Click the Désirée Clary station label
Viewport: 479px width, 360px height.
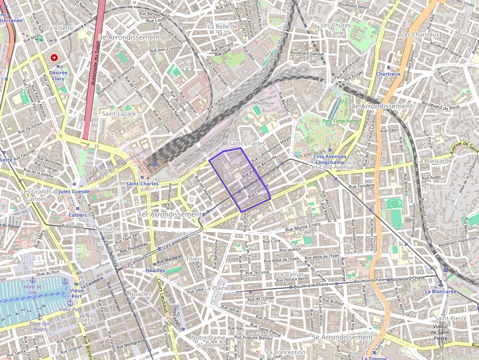click(58, 75)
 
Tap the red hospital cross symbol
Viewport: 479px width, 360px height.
click(54, 58)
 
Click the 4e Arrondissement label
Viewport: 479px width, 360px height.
click(381, 106)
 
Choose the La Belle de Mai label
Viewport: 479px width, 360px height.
click(222, 30)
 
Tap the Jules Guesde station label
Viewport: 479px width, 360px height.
click(74, 191)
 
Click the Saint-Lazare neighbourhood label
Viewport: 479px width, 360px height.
click(119, 113)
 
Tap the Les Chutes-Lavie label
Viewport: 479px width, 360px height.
click(333, 28)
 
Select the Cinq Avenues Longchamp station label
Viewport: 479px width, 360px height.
click(329, 159)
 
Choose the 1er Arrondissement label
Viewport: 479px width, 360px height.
click(170, 214)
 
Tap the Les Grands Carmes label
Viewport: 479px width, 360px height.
click(36, 195)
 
